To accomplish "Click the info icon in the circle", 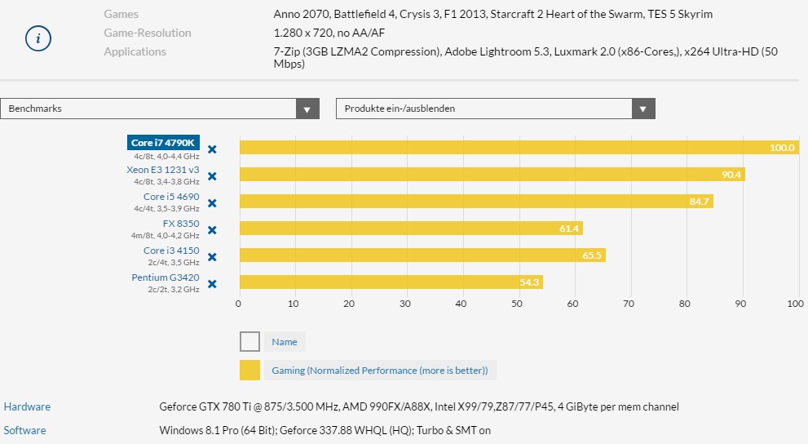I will pos(38,38).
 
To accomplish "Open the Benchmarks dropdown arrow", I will pos(307,109).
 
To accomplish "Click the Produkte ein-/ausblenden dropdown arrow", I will pos(643,109).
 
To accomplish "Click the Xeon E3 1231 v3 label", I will pos(163,170).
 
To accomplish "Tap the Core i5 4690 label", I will pos(171,197).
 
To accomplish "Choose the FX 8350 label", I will pos(181,224).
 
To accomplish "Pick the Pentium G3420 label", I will pos(166,277).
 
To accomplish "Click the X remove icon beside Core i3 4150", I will pos(212,257).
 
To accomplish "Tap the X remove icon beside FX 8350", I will pos(212,230).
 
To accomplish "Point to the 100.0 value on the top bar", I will pos(782,148).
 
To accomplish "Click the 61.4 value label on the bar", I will pos(569,229).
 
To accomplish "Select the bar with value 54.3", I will pos(391,282).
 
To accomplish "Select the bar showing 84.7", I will pos(475,202).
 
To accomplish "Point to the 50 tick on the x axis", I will pos(517,304).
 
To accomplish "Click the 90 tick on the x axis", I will pos(740,304).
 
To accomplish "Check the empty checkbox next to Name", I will pos(250,342).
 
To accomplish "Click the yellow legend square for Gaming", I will pos(250,371).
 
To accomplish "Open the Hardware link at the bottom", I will pos(27,406).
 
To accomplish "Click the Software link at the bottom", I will pos(25,430).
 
